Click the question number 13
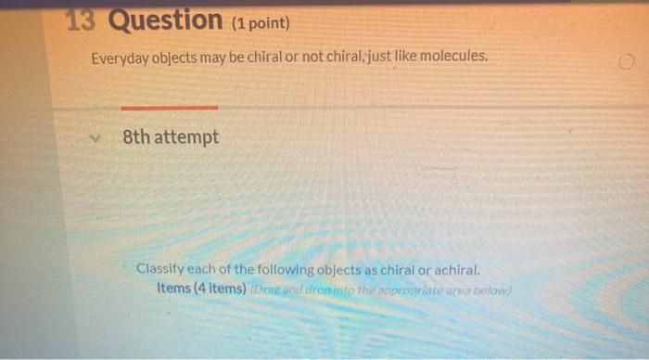click(x=83, y=19)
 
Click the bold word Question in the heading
click(x=165, y=19)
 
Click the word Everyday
click(x=119, y=58)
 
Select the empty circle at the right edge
click(x=628, y=62)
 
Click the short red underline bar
click(x=170, y=108)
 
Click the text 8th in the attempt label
click(x=135, y=137)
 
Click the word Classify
click(x=163, y=270)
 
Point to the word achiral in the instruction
click(x=456, y=271)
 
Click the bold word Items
click(x=173, y=288)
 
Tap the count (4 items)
click(x=219, y=288)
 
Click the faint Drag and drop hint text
click(x=379, y=289)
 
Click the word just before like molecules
click(x=376, y=58)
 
